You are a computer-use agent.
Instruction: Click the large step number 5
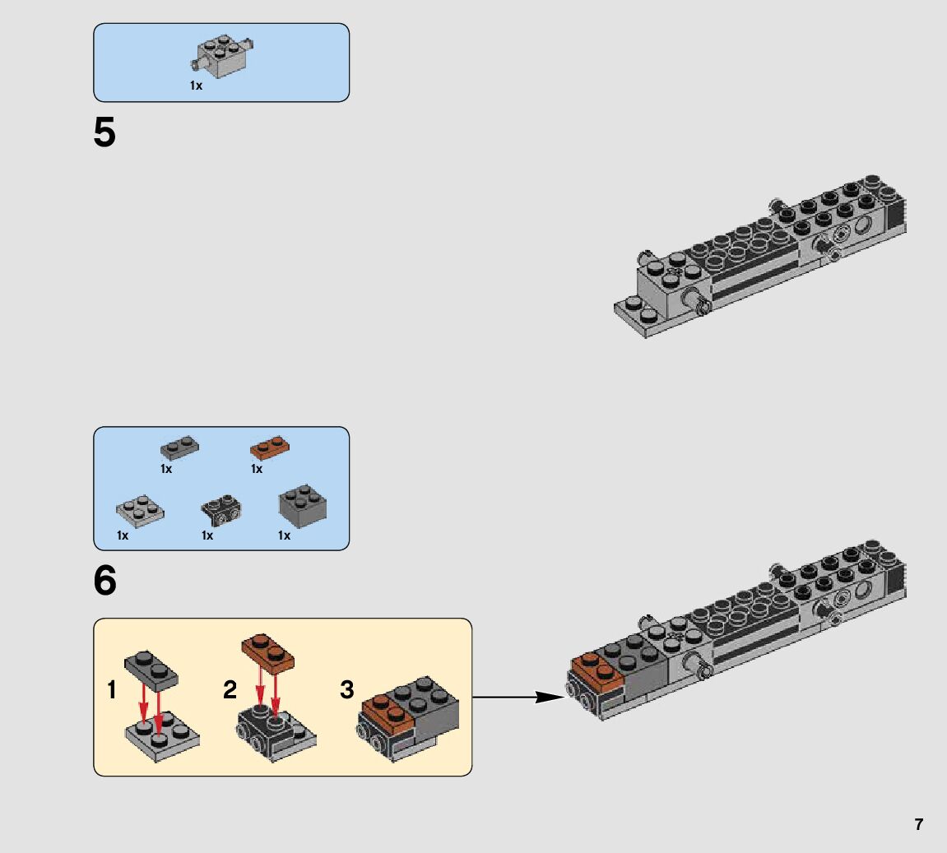click(x=104, y=132)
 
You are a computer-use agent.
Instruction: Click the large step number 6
click(x=105, y=581)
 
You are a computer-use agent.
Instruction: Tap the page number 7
click(x=918, y=824)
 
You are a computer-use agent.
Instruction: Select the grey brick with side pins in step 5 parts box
click(x=221, y=56)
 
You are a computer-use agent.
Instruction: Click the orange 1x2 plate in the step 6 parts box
click(x=269, y=447)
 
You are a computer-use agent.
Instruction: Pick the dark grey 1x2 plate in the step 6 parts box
click(x=179, y=447)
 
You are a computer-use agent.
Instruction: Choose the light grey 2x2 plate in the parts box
click(x=140, y=512)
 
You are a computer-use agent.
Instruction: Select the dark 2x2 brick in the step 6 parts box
click(x=303, y=506)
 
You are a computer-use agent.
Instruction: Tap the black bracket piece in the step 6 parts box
click(x=221, y=511)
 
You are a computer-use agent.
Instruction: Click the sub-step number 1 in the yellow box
click(x=112, y=689)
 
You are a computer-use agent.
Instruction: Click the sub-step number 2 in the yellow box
click(x=230, y=689)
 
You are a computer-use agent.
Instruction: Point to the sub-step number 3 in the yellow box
click(x=346, y=689)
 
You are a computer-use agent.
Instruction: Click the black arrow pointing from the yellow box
click(x=518, y=698)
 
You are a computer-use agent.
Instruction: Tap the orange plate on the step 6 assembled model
click(x=597, y=670)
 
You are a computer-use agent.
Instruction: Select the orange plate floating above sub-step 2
click(x=267, y=654)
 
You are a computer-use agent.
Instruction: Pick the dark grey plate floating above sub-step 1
click(x=151, y=670)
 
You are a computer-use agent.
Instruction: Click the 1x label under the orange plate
click(x=257, y=469)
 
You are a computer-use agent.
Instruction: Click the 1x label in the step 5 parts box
click(x=197, y=86)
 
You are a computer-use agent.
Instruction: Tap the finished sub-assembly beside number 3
click(x=407, y=718)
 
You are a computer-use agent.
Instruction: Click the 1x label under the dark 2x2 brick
click(x=284, y=535)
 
